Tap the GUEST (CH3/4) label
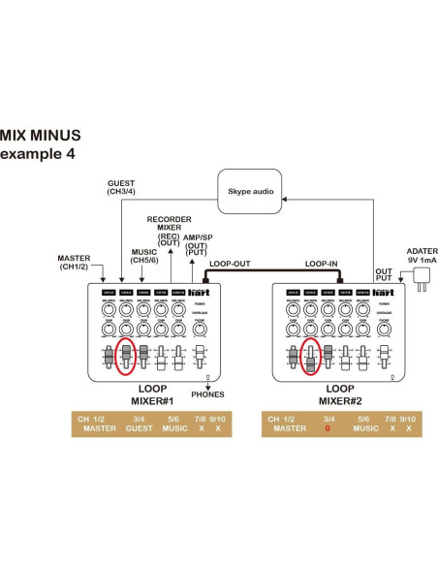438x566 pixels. tap(120, 187)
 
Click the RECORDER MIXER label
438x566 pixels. tap(169, 225)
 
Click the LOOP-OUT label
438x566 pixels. tap(229, 263)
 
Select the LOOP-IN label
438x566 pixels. tap(321, 263)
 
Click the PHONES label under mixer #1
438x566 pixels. tap(207, 394)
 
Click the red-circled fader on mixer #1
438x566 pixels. tap(125, 356)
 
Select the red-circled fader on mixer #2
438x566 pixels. tap(309, 357)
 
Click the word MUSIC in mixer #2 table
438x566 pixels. tap(365, 427)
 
